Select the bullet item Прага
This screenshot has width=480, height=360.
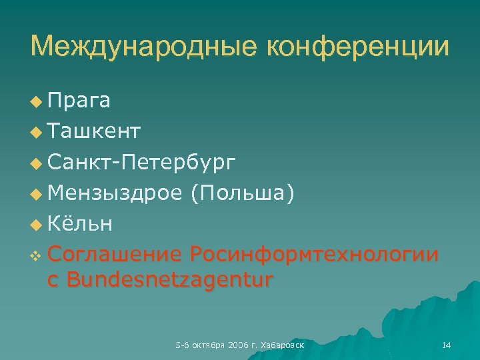click(x=79, y=101)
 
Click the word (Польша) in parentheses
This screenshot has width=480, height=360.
click(x=241, y=193)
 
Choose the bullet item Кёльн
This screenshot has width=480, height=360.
click(x=80, y=224)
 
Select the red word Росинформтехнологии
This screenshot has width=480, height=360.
click(x=314, y=255)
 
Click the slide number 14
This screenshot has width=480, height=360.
click(x=447, y=345)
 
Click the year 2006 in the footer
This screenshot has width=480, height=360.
click(x=237, y=345)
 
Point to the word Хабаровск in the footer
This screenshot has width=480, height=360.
click(x=283, y=345)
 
